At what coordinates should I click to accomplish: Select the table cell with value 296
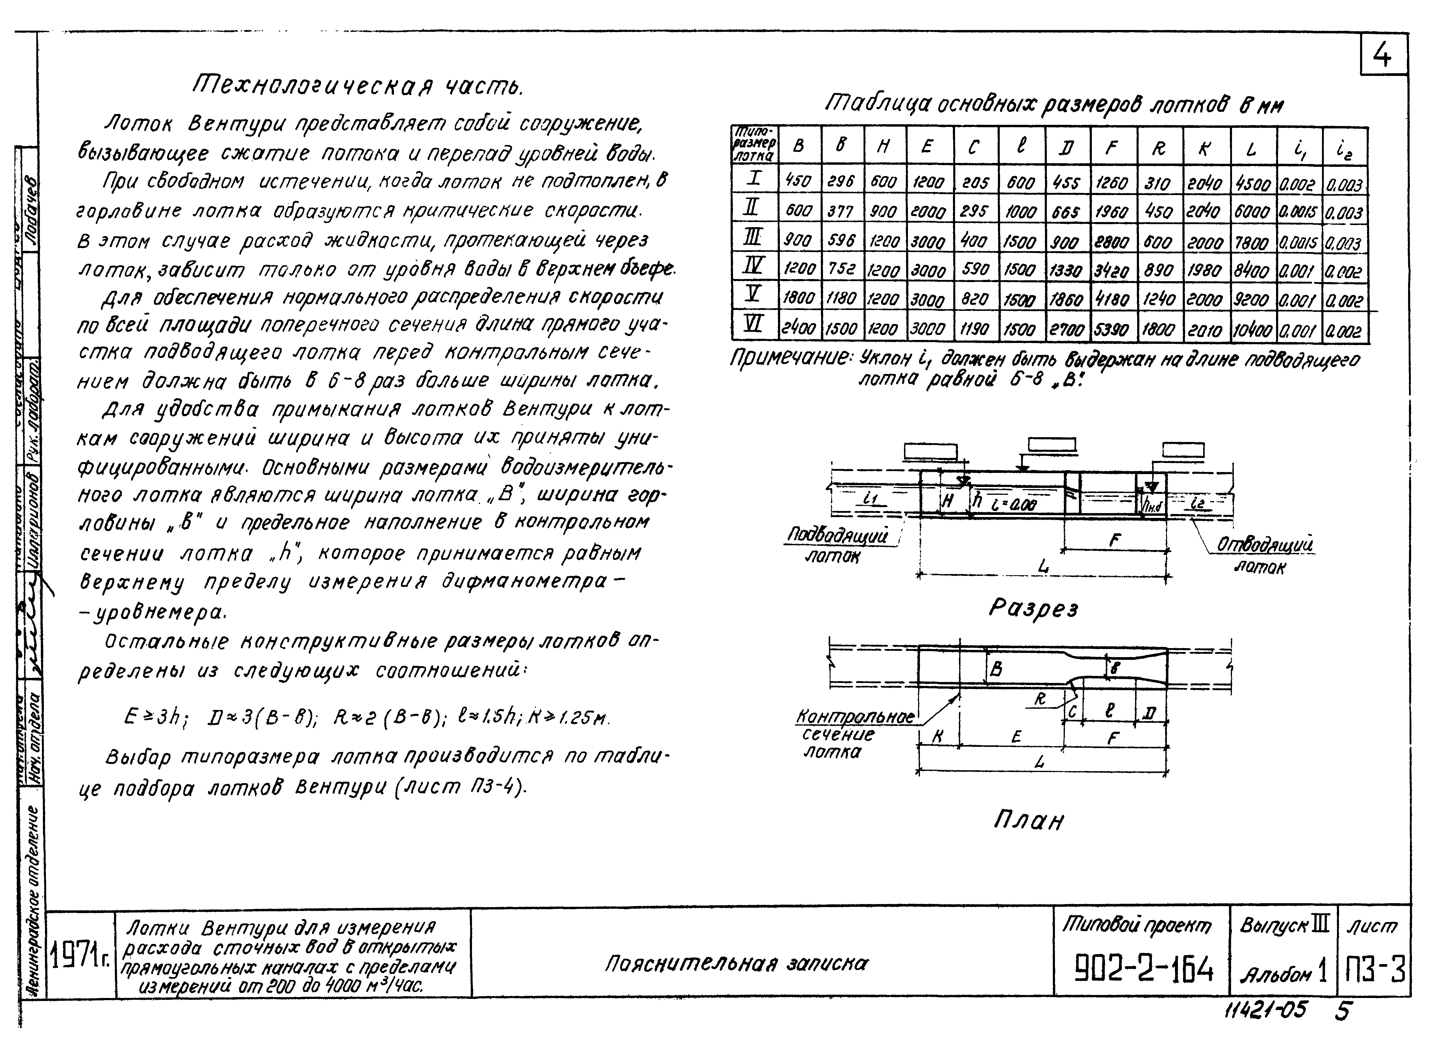tap(841, 182)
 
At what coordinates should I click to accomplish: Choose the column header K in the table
tap(1206, 148)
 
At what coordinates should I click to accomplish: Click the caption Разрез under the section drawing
tap(1033, 609)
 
